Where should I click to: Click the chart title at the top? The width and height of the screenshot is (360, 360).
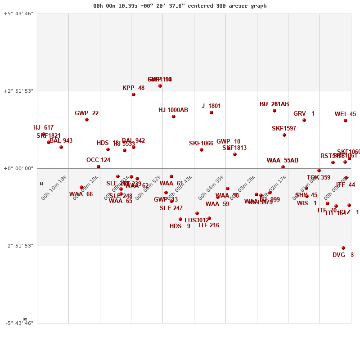coord(180,6)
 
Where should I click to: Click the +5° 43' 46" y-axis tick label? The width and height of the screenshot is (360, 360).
coord(18,13)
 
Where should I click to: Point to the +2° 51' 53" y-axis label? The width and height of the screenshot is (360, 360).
coord(18,91)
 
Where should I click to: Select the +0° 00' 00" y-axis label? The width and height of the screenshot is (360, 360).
coord(18,168)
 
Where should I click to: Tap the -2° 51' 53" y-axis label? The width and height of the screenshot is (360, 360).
coord(18,246)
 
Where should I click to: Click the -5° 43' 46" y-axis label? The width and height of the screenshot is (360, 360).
coord(18,323)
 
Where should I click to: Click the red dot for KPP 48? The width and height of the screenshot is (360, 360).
coord(134,94)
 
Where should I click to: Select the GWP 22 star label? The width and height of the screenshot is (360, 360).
coord(86,113)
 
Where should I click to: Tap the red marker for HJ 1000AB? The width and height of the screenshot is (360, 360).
coord(174,117)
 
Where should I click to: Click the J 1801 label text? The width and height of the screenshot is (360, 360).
coord(211,106)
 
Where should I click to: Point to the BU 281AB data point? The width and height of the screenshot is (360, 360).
coord(274,111)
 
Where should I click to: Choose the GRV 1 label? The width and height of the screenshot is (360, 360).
coord(304,114)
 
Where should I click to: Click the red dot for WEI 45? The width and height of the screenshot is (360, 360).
coord(346,121)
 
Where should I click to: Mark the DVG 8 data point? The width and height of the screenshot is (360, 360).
coord(343,248)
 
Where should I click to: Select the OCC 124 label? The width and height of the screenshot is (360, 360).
coord(98,160)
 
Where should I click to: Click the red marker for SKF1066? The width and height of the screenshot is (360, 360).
coord(202,150)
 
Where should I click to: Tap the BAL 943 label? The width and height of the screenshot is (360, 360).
coord(61,141)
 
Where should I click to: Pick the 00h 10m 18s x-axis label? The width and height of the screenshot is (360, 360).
coord(54,188)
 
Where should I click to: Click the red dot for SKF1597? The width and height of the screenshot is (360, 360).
coord(284,135)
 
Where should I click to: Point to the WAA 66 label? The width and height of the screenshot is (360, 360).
coord(81,194)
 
